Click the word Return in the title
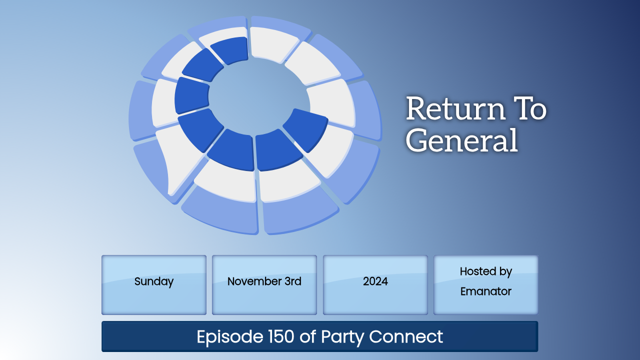pos(455,108)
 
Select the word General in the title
pos(461,140)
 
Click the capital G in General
pos(416,140)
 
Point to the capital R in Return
pos(417,108)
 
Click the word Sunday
pos(154,281)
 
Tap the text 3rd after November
pos(293,281)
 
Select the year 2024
pos(375,281)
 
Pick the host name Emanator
pos(485,291)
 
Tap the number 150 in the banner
pos(281,336)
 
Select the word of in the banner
pos(307,336)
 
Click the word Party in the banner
pos(342,337)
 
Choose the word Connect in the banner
pos(406,336)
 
